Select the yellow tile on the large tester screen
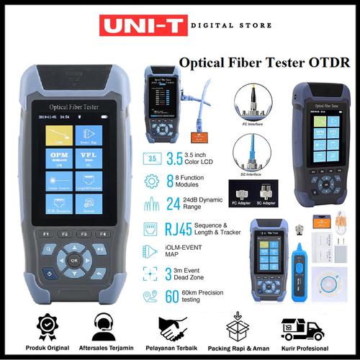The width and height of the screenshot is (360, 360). [58, 135]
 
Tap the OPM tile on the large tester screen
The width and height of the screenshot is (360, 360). [58, 158]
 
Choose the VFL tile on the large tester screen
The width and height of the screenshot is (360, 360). [89, 158]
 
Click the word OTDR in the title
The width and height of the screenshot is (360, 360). [330, 63]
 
